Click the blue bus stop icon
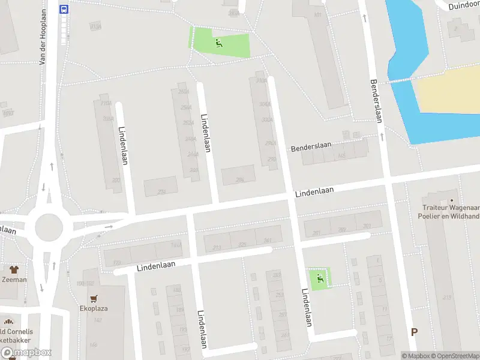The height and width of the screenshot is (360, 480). pyautogui.click(x=64, y=9)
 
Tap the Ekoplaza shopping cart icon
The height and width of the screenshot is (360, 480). pyautogui.click(x=94, y=298)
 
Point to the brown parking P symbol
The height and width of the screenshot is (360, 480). pyautogui.click(x=414, y=332)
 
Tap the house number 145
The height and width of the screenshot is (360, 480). pyautogui.click(x=341, y=156)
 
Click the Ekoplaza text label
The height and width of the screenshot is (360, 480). pyautogui.click(x=94, y=308)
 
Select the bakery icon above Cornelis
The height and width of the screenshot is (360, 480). pyautogui.click(x=7, y=321)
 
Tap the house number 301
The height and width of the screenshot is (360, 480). pyautogui.click(x=367, y=226)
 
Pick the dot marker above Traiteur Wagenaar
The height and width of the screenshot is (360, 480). pyautogui.click(x=452, y=200)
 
